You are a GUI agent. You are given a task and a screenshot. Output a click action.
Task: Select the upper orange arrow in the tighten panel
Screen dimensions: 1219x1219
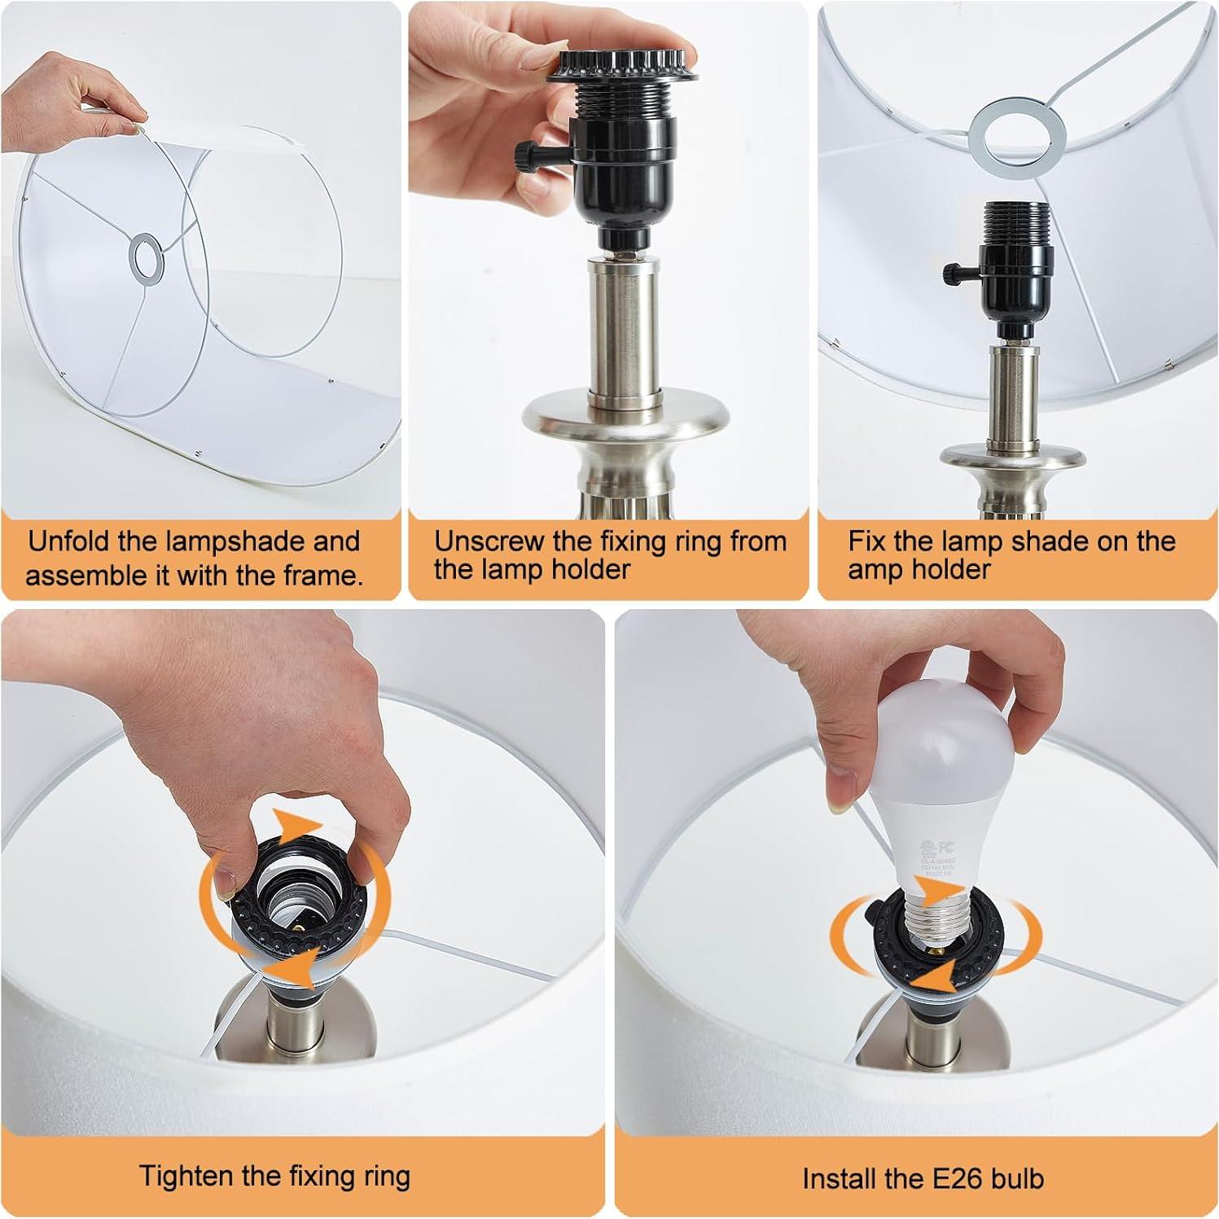click(297, 822)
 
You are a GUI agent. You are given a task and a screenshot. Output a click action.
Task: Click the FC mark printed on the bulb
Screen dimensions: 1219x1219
click(946, 848)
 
